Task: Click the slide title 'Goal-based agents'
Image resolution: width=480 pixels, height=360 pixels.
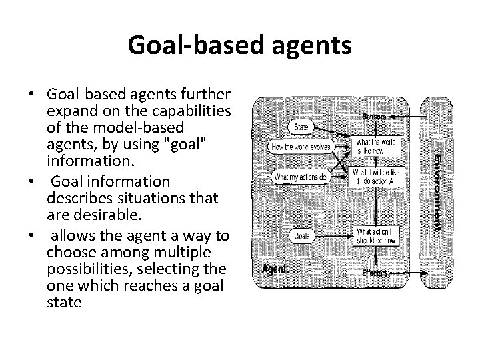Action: (239, 45)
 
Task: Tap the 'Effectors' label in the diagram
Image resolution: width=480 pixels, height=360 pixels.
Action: (375, 273)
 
